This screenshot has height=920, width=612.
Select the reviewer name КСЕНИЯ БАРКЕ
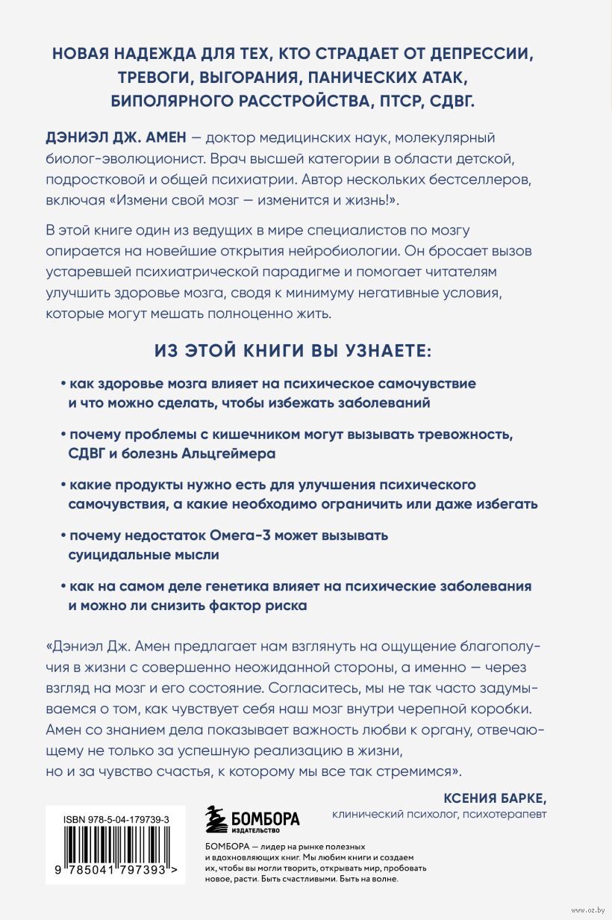[495, 796]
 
